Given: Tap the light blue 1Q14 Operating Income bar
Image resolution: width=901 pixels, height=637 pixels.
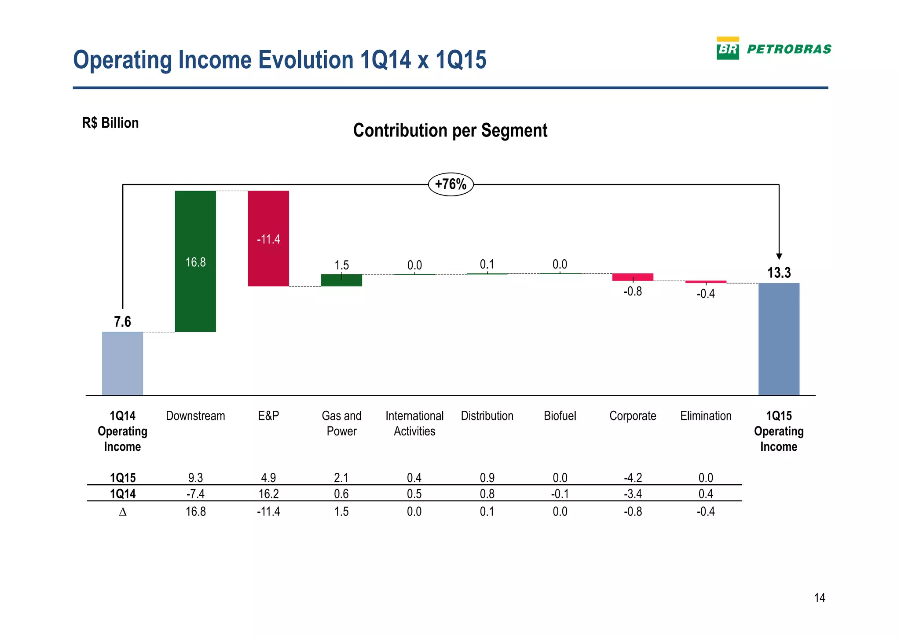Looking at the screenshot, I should point(122,363).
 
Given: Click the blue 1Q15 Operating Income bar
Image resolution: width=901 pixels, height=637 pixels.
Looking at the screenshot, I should point(779,339).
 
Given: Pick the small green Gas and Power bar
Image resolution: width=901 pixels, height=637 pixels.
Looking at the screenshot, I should point(341,280).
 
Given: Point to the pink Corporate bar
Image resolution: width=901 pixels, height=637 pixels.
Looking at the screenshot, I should point(633,277).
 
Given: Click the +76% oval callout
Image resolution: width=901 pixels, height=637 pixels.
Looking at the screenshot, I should point(450,184).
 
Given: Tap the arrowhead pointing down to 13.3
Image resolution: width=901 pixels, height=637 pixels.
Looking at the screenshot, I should point(779,256).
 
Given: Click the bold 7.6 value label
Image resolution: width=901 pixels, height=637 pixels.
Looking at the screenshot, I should point(122,322).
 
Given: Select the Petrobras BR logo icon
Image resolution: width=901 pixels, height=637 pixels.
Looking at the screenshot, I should point(728,48).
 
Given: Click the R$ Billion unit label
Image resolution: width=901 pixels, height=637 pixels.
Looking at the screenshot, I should point(110,123).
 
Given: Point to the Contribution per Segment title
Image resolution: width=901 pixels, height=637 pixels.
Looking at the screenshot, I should point(450,131).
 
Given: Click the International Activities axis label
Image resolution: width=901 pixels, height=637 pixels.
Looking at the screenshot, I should point(414,423).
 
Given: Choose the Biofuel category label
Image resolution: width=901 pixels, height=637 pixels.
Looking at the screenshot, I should point(560,416).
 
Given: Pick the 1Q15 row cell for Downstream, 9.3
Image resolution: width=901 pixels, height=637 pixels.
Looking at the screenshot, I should point(195,478).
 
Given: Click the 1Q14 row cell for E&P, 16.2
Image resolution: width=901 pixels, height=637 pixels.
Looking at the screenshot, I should point(268,493).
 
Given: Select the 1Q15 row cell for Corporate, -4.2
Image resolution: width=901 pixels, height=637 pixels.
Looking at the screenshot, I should point(633,478).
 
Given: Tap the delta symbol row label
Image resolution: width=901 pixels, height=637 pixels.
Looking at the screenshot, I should point(123,512).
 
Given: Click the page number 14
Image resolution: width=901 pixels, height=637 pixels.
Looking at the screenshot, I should point(819,598).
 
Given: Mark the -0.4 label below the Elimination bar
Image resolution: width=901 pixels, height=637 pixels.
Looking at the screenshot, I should point(706,294).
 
